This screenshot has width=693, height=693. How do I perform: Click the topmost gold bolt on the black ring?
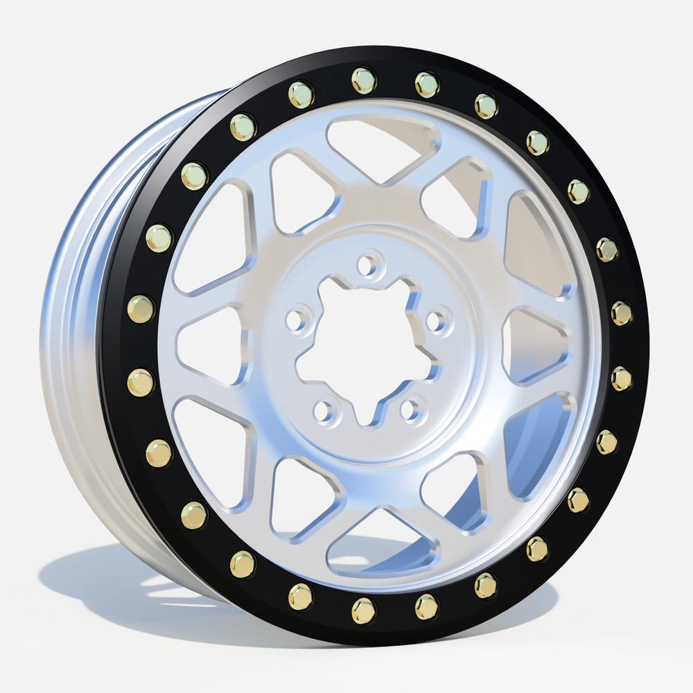tap(363, 80)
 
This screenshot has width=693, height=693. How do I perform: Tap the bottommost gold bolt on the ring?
tap(363, 610)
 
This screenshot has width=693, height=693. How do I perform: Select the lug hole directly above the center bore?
tap(370, 264)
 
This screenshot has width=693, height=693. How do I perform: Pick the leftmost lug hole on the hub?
tap(297, 319)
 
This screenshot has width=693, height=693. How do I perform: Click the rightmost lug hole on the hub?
tap(437, 321)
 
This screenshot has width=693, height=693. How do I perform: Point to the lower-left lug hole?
tap(324, 411)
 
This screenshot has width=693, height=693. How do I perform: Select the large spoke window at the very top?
tap(383, 148)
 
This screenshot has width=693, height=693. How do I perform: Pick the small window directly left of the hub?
tap(211, 346)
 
